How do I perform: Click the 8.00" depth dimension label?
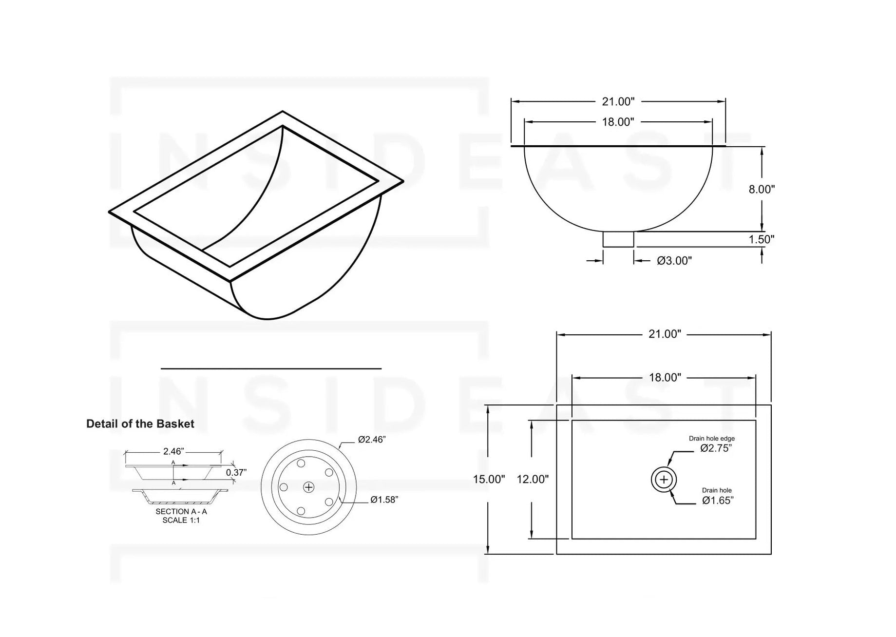tap(761, 189)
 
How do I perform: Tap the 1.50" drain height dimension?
tap(761, 239)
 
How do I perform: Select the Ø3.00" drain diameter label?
tap(674, 261)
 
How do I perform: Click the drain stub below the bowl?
tap(618, 239)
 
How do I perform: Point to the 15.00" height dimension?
tap(489, 479)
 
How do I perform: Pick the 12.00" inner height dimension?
tap(533, 479)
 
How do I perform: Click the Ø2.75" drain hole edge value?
tap(716, 448)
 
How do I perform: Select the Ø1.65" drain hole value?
tap(717, 500)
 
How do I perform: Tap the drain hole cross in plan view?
tap(664, 480)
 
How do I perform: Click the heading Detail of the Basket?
tap(140, 424)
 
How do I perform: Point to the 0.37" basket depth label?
tap(236, 472)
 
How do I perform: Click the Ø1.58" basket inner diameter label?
tap(384, 500)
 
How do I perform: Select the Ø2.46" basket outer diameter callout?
tap(371, 440)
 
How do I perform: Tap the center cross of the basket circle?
tap(309, 487)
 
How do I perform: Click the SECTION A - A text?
tap(181, 511)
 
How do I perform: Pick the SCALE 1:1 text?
tap(181, 521)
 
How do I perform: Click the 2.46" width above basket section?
tap(173, 451)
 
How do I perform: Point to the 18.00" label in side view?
tap(618, 122)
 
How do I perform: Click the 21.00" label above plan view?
tap(664, 334)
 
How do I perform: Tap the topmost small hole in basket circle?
tap(301, 463)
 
